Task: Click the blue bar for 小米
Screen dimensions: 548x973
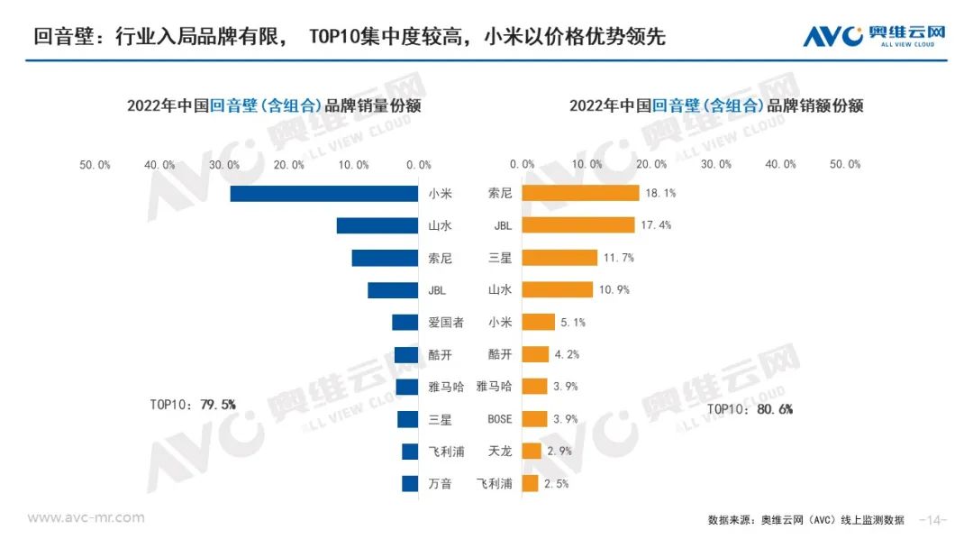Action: tap(324, 194)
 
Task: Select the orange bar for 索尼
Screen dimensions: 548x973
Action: tap(580, 194)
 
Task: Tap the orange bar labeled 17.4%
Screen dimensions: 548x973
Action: tap(578, 225)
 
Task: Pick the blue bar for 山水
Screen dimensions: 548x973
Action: tap(377, 225)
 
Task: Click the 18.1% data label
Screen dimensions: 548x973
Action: tap(658, 194)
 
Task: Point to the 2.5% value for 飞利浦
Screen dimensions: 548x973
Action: tap(558, 484)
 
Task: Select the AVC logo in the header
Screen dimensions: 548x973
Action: tap(874, 36)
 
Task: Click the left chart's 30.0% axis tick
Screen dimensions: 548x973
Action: tap(224, 165)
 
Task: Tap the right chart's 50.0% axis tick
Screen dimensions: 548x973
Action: tap(845, 165)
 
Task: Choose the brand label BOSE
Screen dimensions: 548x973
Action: tap(499, 419)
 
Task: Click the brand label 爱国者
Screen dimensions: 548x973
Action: tap(446, 323)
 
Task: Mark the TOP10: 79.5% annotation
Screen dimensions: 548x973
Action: tap(192, 405)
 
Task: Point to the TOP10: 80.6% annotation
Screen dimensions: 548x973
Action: tap(750, 409)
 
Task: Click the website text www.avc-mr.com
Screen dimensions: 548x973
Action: tap(86, 518)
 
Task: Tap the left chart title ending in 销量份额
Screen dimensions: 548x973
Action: tap(274, 105)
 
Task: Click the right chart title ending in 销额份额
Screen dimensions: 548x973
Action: tap(716, 105)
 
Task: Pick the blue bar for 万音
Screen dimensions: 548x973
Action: tap(410, 484)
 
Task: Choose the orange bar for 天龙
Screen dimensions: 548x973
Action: tap(532, 451)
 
